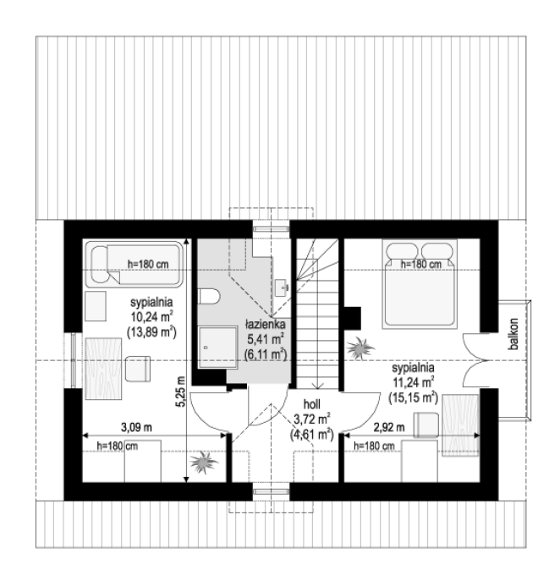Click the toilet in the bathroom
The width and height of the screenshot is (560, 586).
tap(209, 296)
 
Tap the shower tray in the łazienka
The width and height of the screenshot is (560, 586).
tap(218, 348)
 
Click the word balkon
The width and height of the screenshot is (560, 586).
tap(514, 334)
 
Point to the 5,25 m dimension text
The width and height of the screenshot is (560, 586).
tap(181, 392)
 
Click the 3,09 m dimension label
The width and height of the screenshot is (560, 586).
tap(136, 427)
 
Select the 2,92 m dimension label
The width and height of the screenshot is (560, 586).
tap(389, 427)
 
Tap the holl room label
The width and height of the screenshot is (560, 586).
tap(312, 404)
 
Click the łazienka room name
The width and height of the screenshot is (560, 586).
tap(266, 324)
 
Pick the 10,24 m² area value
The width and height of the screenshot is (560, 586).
tap(151, 317)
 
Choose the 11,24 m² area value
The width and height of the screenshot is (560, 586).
tap(413, 383)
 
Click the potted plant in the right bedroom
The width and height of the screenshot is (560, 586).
tap(360, 348)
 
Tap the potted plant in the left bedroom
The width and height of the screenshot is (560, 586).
tap(203, 463)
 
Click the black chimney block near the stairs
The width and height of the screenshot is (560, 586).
tap(352, 319)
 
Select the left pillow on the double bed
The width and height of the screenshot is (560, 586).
tap(402, 251)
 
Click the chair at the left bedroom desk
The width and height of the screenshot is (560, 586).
tap(138, 369)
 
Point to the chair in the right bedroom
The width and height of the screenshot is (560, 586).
tap(426, 425)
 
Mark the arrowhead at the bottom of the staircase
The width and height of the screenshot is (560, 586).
tap(317, 386)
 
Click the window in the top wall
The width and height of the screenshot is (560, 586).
tap(272, 228)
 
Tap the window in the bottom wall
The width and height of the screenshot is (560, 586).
tap(272, 492)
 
